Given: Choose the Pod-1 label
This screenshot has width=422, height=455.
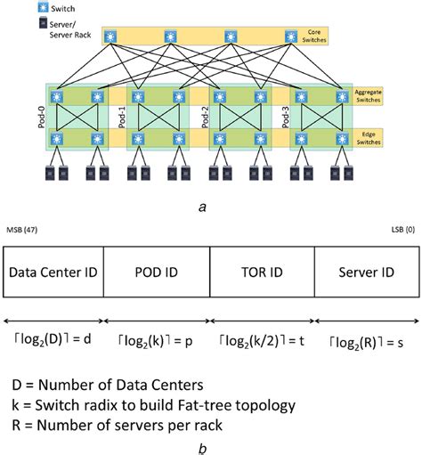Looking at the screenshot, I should pyautogui.click(x=123, y=118).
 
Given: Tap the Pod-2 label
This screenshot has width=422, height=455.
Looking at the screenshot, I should pyautogui.click(x=202, y=118).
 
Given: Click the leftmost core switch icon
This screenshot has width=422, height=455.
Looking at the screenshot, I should pyautogui.click(x=110, y=37).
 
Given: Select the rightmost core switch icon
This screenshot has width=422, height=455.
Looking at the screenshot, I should pyautogui.click(x=291, y=37).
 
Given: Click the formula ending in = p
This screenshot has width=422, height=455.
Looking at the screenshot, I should pyautogui.click(x=158, y=339).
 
